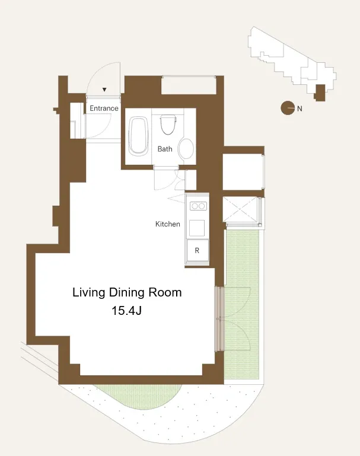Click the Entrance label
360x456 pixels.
(104, 108)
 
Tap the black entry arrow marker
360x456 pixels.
(104, 90)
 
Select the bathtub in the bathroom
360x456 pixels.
(138, 136)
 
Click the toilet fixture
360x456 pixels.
(168, 124)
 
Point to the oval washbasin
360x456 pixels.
(186, 148)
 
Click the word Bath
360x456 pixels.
(165, 149)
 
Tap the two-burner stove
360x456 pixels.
(198, 206)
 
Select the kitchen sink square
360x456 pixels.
(197, 228)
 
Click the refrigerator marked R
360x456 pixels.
(197, 250)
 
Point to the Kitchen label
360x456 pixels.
(167, 224)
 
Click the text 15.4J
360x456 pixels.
(126, 311)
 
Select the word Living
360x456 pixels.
(89, 292)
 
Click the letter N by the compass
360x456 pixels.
(300, 109)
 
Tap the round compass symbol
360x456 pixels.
(288, 108)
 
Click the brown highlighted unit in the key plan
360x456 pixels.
(320, 93)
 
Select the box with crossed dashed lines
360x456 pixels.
(240, 209)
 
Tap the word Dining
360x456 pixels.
(127, 292)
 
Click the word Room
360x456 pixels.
(165, 292)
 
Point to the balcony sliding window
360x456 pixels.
(219, 319)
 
